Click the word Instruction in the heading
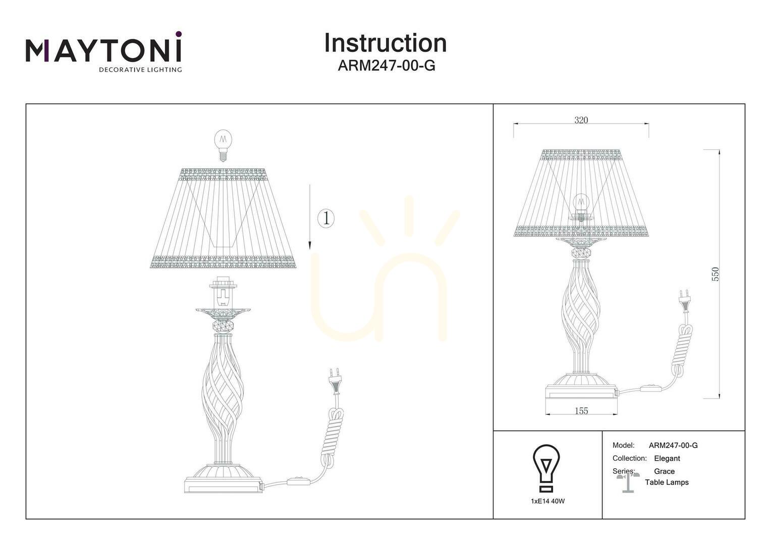pos(386,43)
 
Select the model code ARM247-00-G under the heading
pos(387,66)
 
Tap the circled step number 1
pos(325,219)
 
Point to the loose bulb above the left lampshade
pos(224,145)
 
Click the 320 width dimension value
pos(581,120)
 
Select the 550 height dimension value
pos(715,275)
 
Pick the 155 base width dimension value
pos(581,411)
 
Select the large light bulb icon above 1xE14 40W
pos(546,468)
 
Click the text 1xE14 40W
pos(547,501)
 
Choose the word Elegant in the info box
pos(667,459)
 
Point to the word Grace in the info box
pos(665,471)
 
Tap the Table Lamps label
pos(667,482)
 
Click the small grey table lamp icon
pos(628,483)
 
